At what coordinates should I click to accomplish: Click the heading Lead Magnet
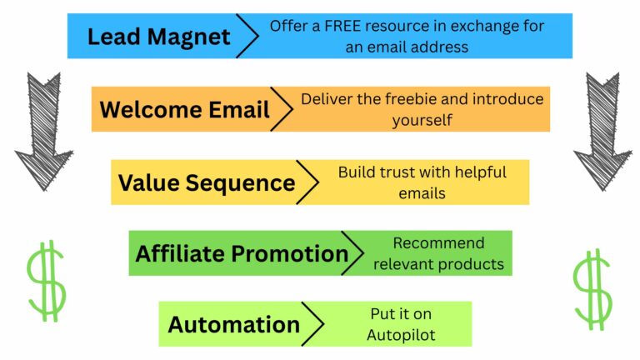pyautogui.click(x=159, y=37)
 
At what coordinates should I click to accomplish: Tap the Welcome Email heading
pyautogui.click(x=184, y=109)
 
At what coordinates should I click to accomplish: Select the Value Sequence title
pyautogui.click(x=207, y=183)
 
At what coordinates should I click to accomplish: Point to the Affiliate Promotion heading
pyautogui.click(x=242, y=253)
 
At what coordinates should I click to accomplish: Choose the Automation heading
pyautogui.click(x=234, y=324)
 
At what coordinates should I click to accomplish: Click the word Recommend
pyautogui.click(x=439, y=243)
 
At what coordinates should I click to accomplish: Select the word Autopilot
pyautogui.click(x=401, y=336)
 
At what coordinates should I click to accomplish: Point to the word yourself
pyautogui.click(x=422, y=121)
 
